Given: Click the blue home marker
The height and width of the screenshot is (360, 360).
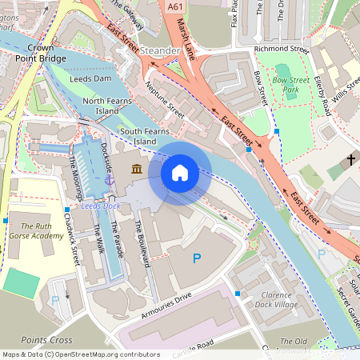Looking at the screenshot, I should click(180, 173).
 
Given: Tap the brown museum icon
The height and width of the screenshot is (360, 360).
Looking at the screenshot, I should click(137, 169).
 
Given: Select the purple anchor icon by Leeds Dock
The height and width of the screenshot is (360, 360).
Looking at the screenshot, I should click(110, 182).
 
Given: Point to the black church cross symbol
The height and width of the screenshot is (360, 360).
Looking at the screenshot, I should click(350, 160).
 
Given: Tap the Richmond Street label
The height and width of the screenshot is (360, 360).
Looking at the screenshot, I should click(280, 49).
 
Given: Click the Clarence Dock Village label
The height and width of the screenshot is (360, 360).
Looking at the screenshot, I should click(277, 299).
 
